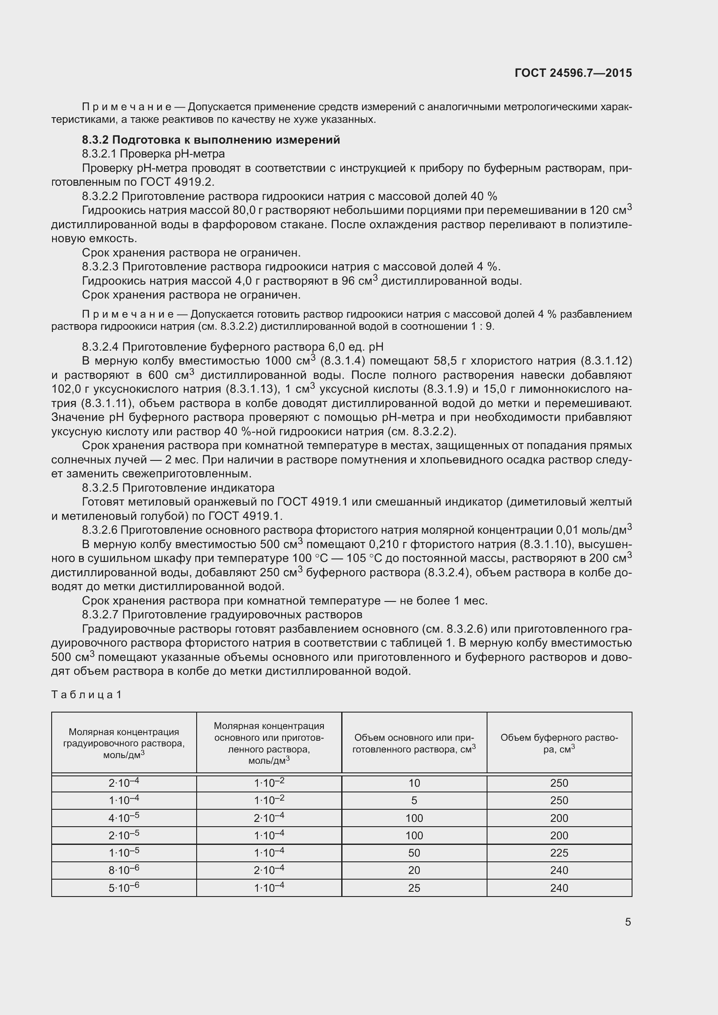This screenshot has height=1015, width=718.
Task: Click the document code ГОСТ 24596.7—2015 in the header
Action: tap(573, 73)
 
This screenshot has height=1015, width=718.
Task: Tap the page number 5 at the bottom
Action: tap(628, 922)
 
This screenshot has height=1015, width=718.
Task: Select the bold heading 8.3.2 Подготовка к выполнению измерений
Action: tap(211, 140)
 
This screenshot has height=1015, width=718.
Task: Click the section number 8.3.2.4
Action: tap(100, 347)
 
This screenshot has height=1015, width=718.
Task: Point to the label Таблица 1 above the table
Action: tap(86, 694)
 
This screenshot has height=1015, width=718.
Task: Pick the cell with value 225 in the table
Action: tap(559, 853)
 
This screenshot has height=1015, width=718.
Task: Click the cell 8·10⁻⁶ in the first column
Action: tap(124, 870)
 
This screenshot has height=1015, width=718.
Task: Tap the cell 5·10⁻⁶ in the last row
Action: tap(124, 888)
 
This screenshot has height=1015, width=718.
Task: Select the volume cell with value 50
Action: tap(414, 853)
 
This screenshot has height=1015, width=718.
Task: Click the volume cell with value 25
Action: tap(414, 888)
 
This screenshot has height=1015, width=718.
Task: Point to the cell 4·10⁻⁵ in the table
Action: tap(124, 818)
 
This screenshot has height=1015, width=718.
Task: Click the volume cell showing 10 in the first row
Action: tap(414, 783)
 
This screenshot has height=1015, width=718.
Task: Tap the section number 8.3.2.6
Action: tap(99, 530)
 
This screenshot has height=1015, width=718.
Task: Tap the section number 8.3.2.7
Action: tap(100, 614)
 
